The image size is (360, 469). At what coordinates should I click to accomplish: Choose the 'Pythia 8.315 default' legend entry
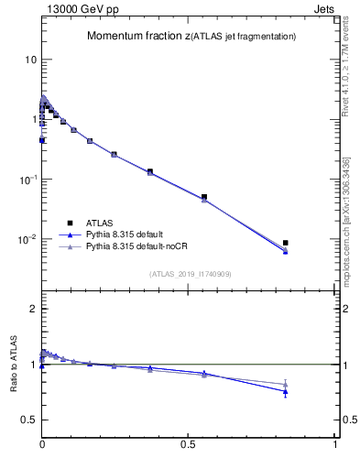[123, 234]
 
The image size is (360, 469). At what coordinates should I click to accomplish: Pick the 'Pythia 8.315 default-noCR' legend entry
[133, 246]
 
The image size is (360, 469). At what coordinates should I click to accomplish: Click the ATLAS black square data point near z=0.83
[286, 243]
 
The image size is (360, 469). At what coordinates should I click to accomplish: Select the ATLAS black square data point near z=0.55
[204, 197]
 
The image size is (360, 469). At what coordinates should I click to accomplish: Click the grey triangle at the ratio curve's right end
[286, 384]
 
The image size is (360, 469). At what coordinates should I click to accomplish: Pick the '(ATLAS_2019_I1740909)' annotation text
[189, 274]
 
